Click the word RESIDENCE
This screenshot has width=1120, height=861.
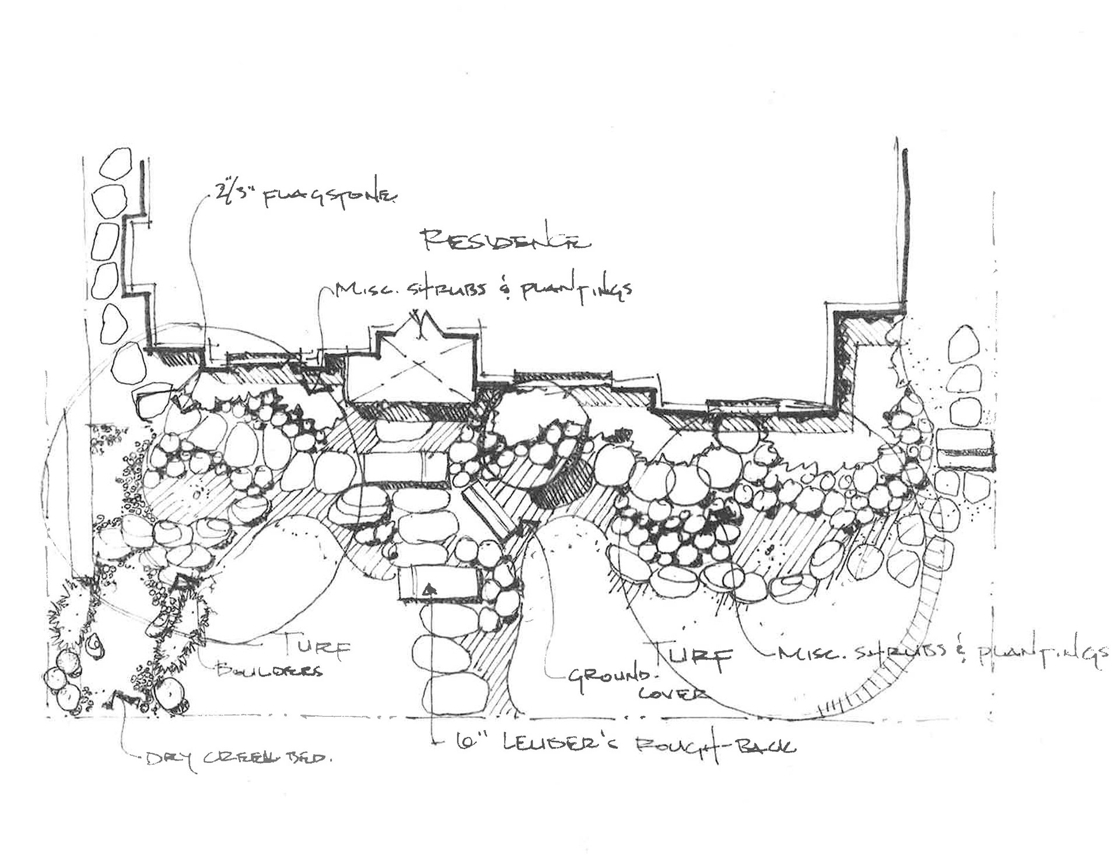505,239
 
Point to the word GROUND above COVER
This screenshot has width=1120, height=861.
609,678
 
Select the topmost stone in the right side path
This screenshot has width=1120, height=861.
964,343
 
